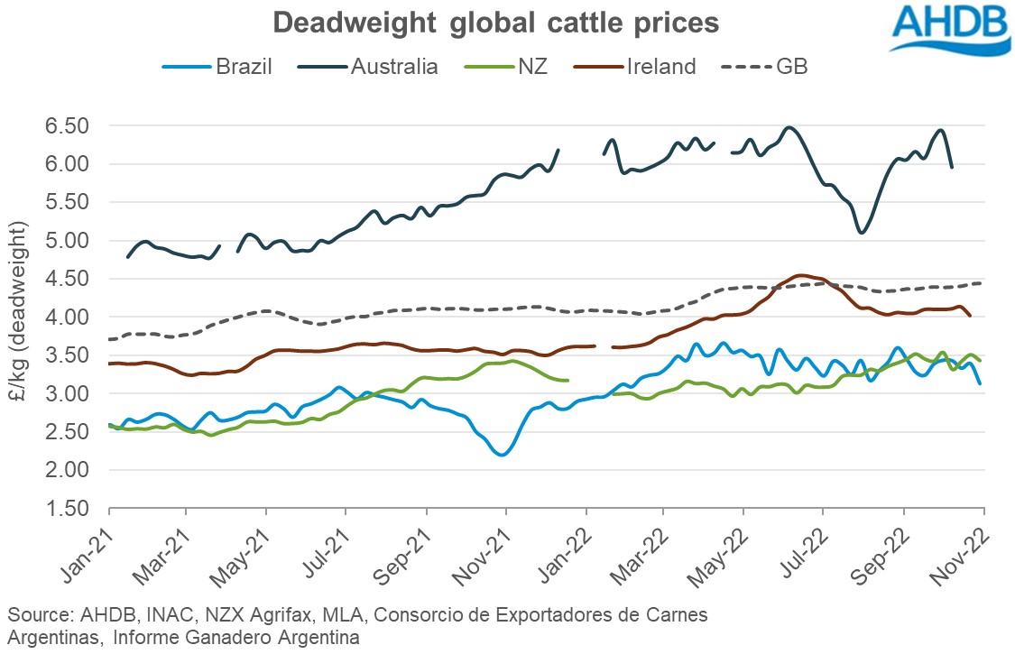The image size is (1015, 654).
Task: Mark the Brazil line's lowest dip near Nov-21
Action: click(x=503, y=455)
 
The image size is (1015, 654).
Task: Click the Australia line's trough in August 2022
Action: click(x=861, y=233)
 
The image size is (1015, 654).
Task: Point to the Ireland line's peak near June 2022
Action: click(x=800, y=275)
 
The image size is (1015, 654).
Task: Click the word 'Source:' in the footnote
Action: click(x=35, y=614)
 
